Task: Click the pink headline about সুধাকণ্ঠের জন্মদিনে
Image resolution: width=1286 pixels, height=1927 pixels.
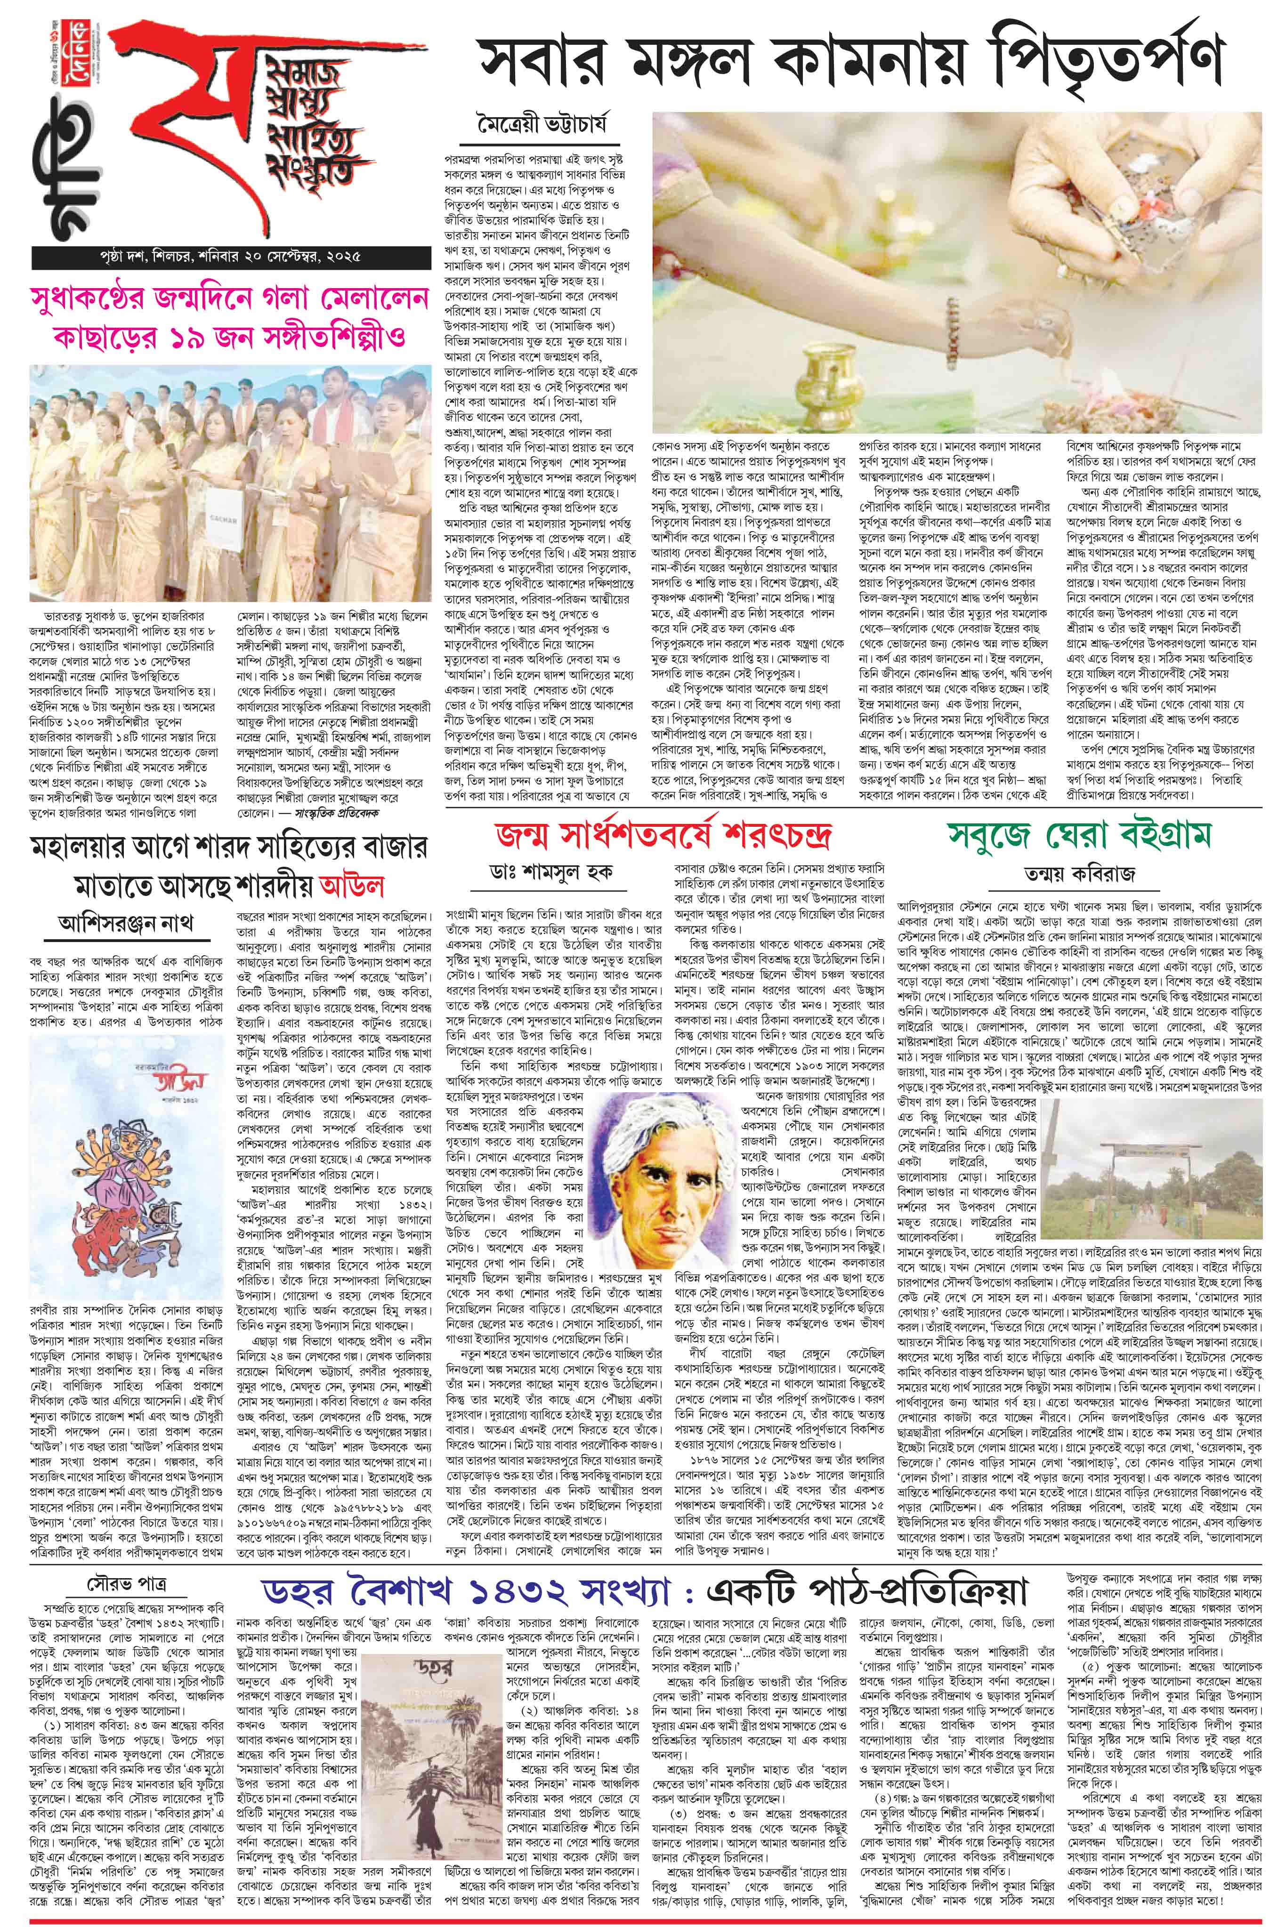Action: pos(230,320)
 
